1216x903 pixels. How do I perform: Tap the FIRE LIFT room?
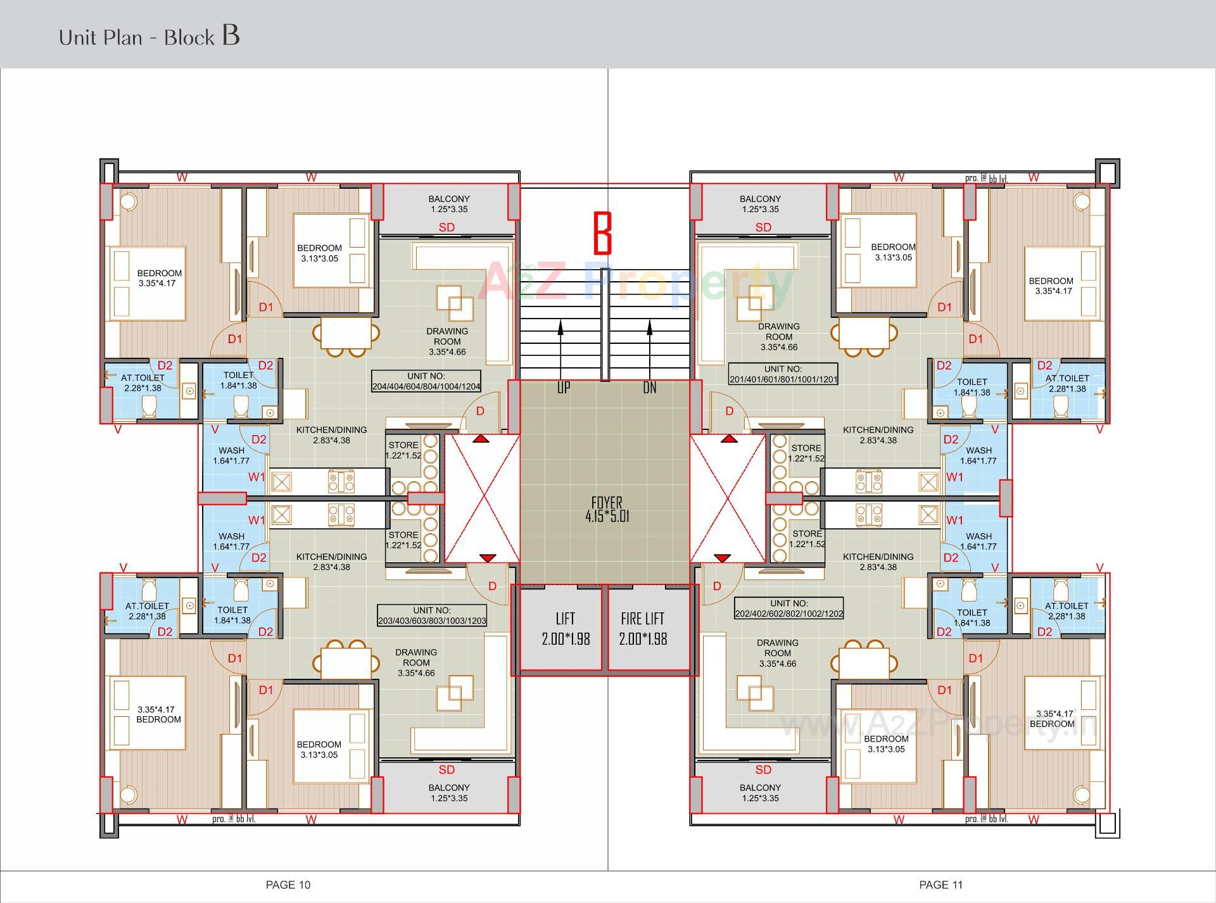643,628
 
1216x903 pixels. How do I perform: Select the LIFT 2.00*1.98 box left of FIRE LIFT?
565,628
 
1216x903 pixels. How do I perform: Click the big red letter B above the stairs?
602,234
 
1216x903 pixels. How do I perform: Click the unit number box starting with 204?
426,381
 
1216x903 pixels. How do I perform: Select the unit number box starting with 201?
783,374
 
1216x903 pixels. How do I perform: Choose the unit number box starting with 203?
431,616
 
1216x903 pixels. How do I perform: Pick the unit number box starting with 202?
788,609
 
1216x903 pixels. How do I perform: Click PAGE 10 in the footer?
288,885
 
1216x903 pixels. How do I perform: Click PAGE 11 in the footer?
940,885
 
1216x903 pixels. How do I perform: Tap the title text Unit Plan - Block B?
149,36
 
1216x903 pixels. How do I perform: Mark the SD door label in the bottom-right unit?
763,769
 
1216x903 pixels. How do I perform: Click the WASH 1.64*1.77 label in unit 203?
231,541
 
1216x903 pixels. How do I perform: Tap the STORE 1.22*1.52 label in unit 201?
806,453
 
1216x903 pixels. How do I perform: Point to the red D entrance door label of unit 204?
480,411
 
